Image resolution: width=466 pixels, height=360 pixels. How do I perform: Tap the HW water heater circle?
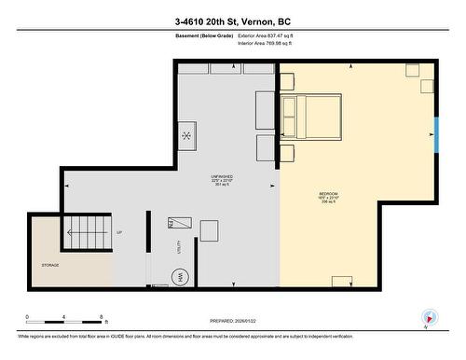180,276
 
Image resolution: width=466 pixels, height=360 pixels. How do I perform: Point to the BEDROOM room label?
328,196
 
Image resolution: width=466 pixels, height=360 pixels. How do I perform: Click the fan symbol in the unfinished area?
186,136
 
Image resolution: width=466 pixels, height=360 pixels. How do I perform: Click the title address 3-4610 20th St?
232,21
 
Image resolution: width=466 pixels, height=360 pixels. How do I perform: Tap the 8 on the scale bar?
101,316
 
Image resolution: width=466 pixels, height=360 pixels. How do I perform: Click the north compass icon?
430,317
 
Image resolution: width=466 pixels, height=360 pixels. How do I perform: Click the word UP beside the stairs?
119,232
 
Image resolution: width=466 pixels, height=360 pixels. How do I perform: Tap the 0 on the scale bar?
27,316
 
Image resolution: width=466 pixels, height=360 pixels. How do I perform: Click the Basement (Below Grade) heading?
203,35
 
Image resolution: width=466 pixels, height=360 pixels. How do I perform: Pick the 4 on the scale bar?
63,316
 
